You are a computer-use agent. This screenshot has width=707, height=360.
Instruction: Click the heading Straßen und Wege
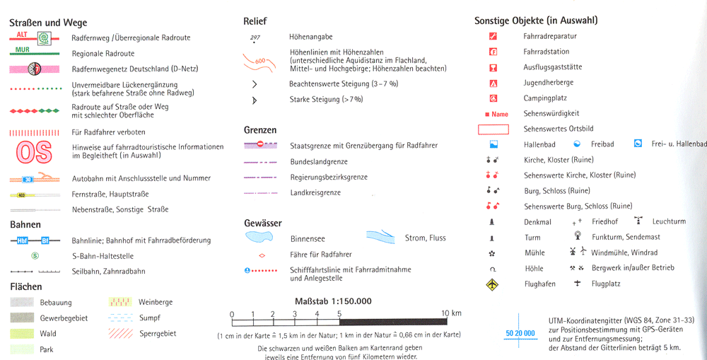(x=48, y=23)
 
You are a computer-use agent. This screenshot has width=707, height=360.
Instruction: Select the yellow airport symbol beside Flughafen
(x=493, y=284)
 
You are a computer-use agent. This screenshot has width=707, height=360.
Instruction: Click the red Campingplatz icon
(x=493, y=98)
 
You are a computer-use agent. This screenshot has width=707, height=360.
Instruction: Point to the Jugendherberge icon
(x=493, y=83)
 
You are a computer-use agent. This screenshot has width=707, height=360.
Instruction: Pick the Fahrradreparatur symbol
(x=493, y=36)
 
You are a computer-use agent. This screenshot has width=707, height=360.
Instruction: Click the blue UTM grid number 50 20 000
(x=520, y=332)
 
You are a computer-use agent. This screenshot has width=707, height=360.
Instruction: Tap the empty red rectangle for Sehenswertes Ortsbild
(x=493, y=129)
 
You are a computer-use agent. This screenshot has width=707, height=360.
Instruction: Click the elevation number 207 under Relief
(x=255, y=37)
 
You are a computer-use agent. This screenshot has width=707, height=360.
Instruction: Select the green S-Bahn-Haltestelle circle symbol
(x=35, y=256)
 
